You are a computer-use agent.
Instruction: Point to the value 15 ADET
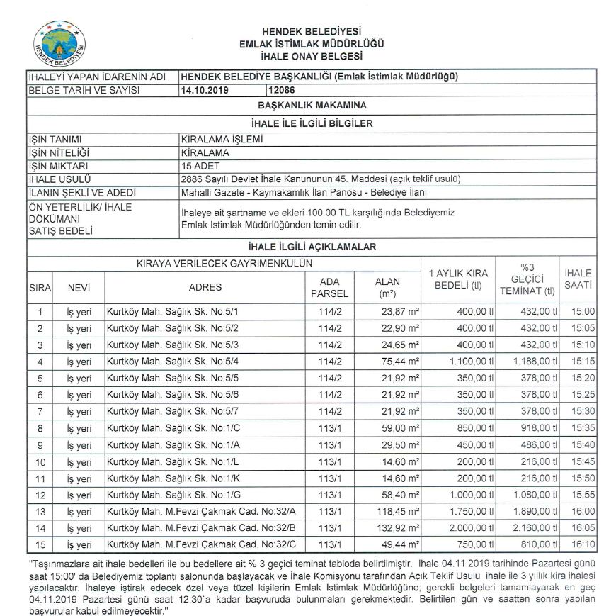tap(202, 165)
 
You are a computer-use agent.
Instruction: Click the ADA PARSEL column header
tap(330, 287)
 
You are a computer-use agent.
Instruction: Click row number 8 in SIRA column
tap(40, 428)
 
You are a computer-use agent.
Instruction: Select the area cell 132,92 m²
tap(397, 528)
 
